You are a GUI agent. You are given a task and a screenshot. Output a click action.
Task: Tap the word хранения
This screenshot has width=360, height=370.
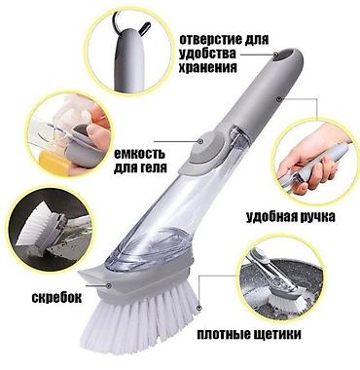[208, 67]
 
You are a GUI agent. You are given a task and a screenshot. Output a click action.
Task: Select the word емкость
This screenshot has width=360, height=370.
[139, 154]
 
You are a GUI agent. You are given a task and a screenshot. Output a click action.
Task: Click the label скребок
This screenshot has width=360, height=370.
[56, 297]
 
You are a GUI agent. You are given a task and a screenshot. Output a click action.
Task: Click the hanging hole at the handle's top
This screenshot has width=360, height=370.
[285, 55]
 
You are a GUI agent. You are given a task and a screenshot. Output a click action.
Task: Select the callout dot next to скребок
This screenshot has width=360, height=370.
[109, 285]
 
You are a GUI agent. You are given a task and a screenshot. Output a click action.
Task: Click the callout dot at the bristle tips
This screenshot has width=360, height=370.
[199, 307]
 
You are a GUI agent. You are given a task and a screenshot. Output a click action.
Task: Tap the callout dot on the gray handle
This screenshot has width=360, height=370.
[278, 98]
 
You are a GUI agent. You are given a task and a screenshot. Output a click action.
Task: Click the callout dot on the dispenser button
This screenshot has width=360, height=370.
[200, 141]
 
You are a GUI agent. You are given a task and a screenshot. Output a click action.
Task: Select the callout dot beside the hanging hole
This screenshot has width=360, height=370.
[276, 55]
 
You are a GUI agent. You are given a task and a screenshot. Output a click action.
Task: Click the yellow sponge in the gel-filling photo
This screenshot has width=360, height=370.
[54, 164]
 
